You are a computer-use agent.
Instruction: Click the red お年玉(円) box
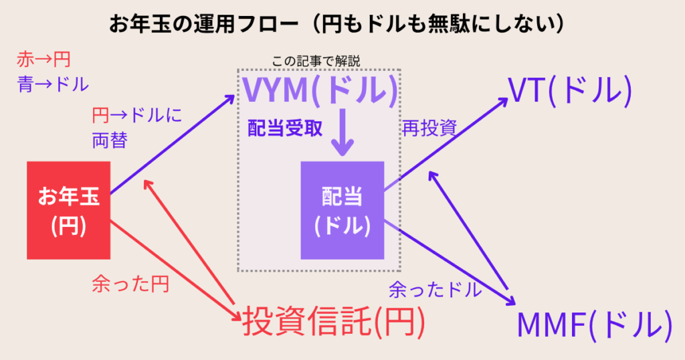click(68, 210)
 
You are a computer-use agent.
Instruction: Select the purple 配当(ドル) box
click(342, 210)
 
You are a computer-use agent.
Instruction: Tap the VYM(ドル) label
click(319, 91)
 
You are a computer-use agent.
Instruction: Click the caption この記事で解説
click(316, 61)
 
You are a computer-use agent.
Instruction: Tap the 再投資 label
click(428, 128)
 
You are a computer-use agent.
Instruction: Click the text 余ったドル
click(435, 290)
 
